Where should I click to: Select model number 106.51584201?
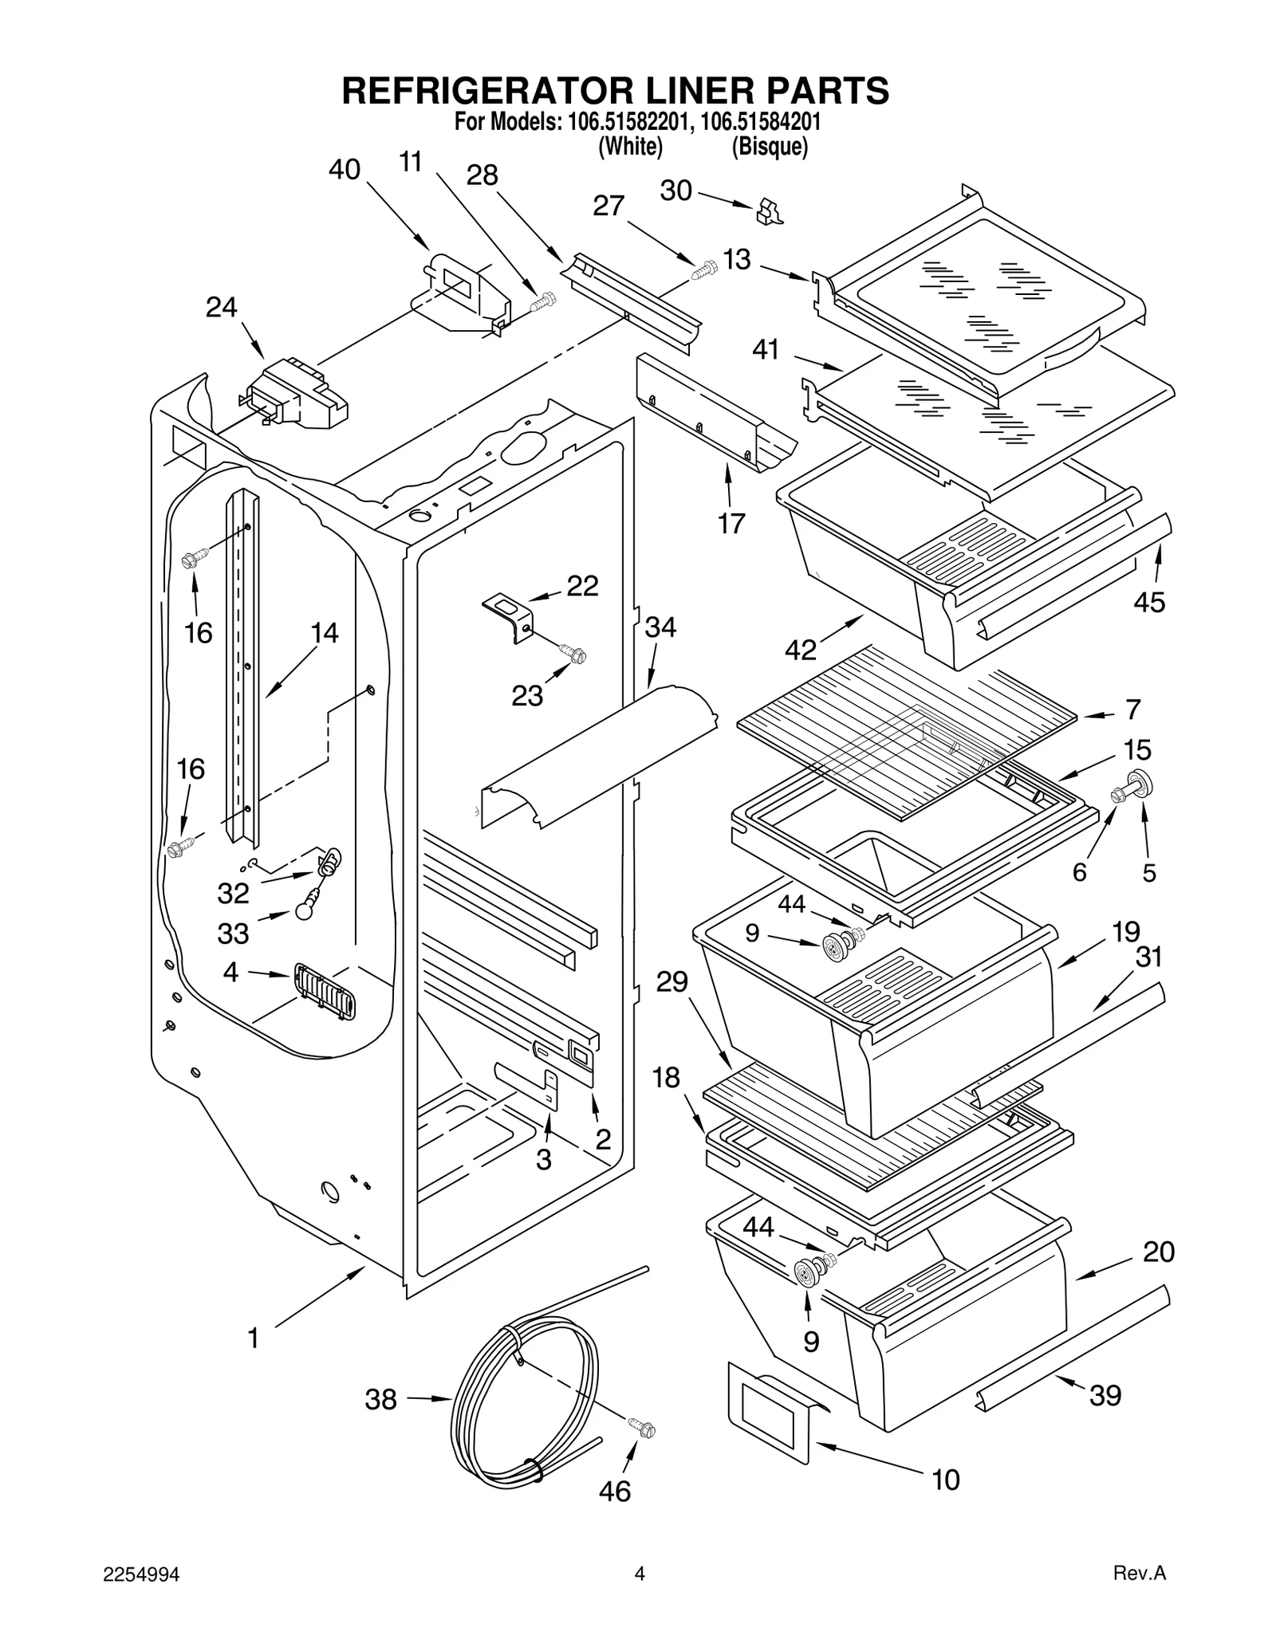point(761,124)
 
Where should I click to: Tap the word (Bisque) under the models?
point(770,147)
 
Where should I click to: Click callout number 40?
point(345,171)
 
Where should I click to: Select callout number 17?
point(731,524)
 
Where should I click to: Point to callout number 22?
point(582,587)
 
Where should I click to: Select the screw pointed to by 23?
point(574,655)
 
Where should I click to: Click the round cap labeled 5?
point(1142,784)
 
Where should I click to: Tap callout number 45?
point(1149,602)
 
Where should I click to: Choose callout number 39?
point(1105,1395)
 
